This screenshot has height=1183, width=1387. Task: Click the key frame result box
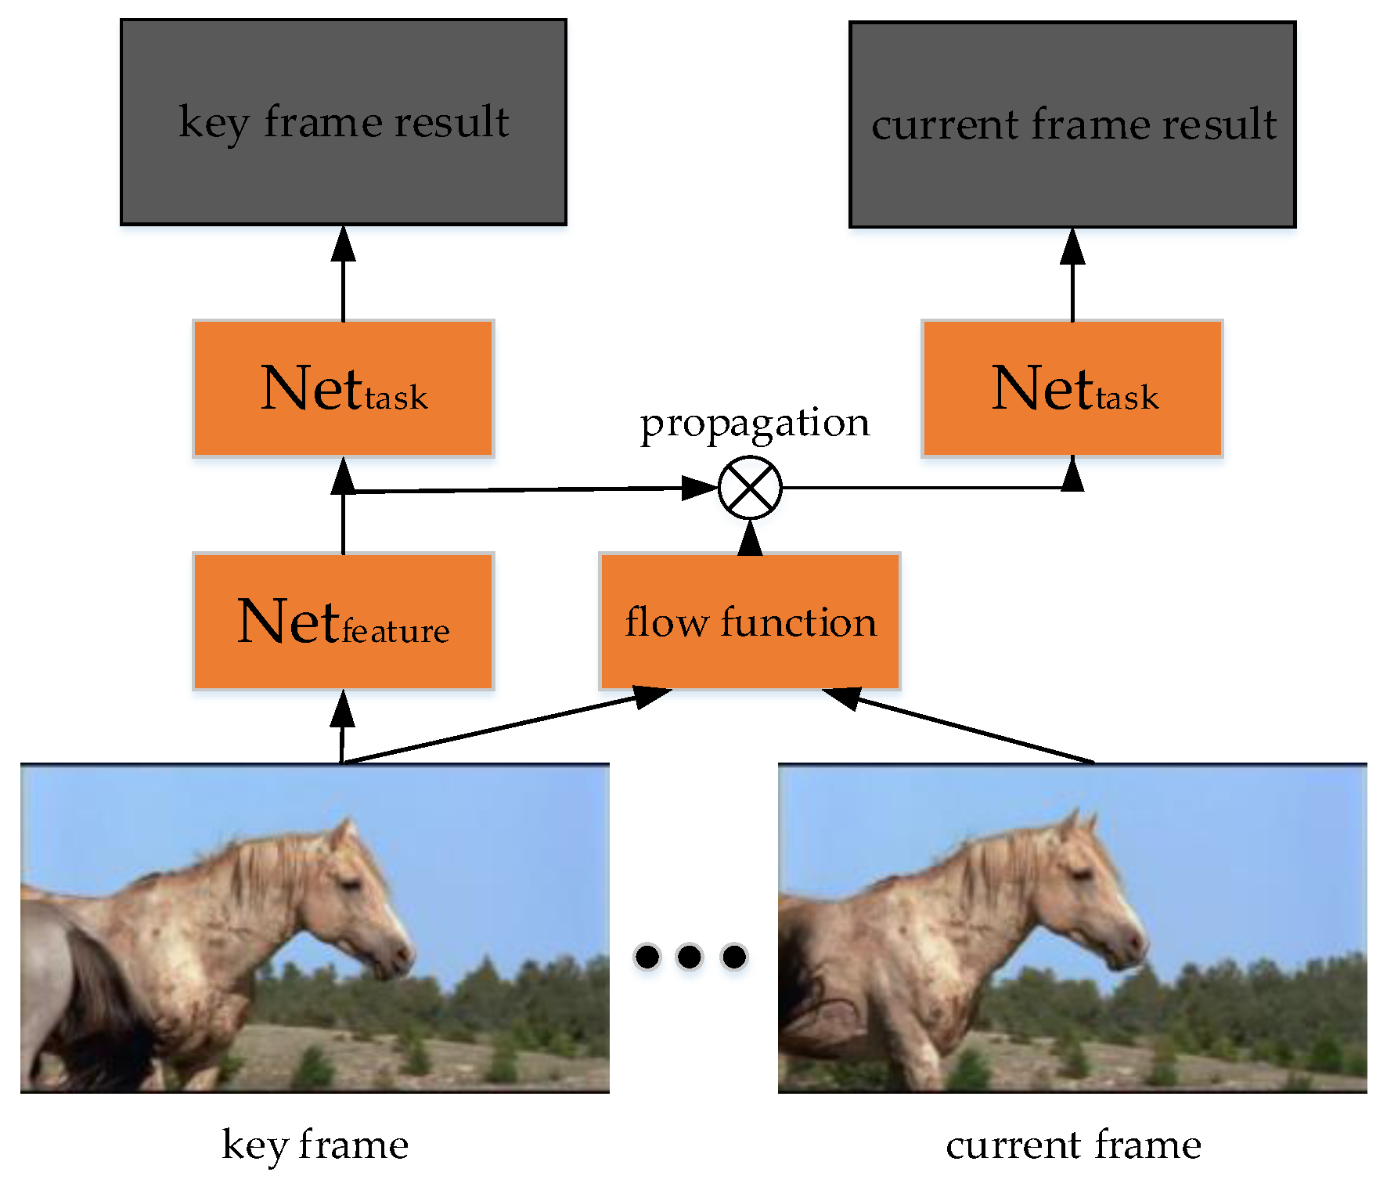coord(343,122)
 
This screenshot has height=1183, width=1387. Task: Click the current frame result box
coord(1072,124)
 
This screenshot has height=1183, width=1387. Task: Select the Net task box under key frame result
coord(343,388)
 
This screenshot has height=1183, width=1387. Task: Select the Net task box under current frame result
coord(1072,388)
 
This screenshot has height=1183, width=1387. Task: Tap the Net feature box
coord(343,622)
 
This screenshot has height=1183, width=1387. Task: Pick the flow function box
coord(750,622)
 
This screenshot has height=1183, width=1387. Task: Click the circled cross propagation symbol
coord(750,488)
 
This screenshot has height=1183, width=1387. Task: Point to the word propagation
coord(755,423)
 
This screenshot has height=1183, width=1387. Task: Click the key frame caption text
coord(315,1145)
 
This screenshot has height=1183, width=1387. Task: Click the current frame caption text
coord(1073,1145)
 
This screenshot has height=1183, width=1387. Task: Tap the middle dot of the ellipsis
coord(690,956)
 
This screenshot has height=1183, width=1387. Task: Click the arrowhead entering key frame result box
coord(343,243)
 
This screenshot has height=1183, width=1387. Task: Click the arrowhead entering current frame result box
coord(1072,246)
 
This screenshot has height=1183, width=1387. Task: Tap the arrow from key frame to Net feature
coord(342,724)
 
